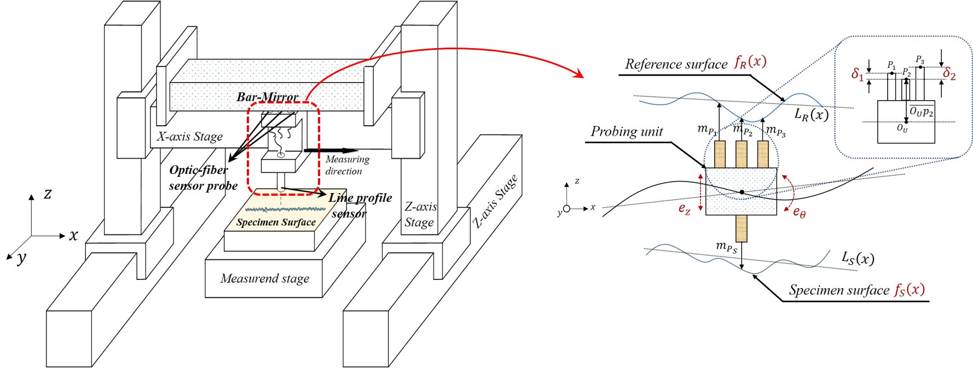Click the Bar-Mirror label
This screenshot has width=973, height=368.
click(x=267, y=97)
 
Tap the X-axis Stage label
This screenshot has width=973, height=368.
click(x=189, y=137)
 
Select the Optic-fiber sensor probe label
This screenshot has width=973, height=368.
click(x=202, y=178)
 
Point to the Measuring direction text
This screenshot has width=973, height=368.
click(x=346, y=165)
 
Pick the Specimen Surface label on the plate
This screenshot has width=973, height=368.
click(x=276, y=223)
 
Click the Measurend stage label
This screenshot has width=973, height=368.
click(x=264, y=279)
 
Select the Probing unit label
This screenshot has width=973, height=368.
click(x=626, y=132)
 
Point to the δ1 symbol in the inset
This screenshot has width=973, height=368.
click(x=857, y=74)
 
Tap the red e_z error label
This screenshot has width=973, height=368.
click(x=684, y=208)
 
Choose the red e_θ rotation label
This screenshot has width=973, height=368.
click(x=799, y=212)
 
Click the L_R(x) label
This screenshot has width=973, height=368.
click(x=811, y=114)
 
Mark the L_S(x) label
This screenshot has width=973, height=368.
click(x=857, y=258)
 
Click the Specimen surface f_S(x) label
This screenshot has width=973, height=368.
click(x=856, y=290)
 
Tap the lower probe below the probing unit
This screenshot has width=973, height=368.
click(x=741, y=228)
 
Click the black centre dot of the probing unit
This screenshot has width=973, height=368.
click(x=742, y=192)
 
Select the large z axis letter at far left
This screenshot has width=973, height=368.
click(x=48, y=194)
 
